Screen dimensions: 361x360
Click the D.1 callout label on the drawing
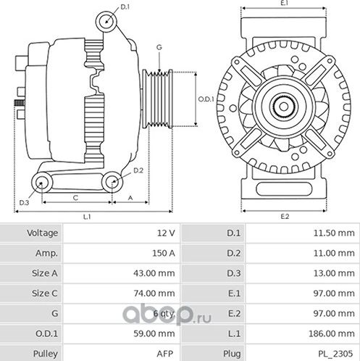tap(125, 7)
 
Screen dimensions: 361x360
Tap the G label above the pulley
tap(159, 47)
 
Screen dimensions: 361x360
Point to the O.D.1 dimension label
tap(206, 99)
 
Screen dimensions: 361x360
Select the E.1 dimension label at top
tap(285, 4)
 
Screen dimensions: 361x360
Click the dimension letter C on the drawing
tap(75, 196)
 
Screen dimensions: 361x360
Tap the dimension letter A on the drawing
tap(130, 196)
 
